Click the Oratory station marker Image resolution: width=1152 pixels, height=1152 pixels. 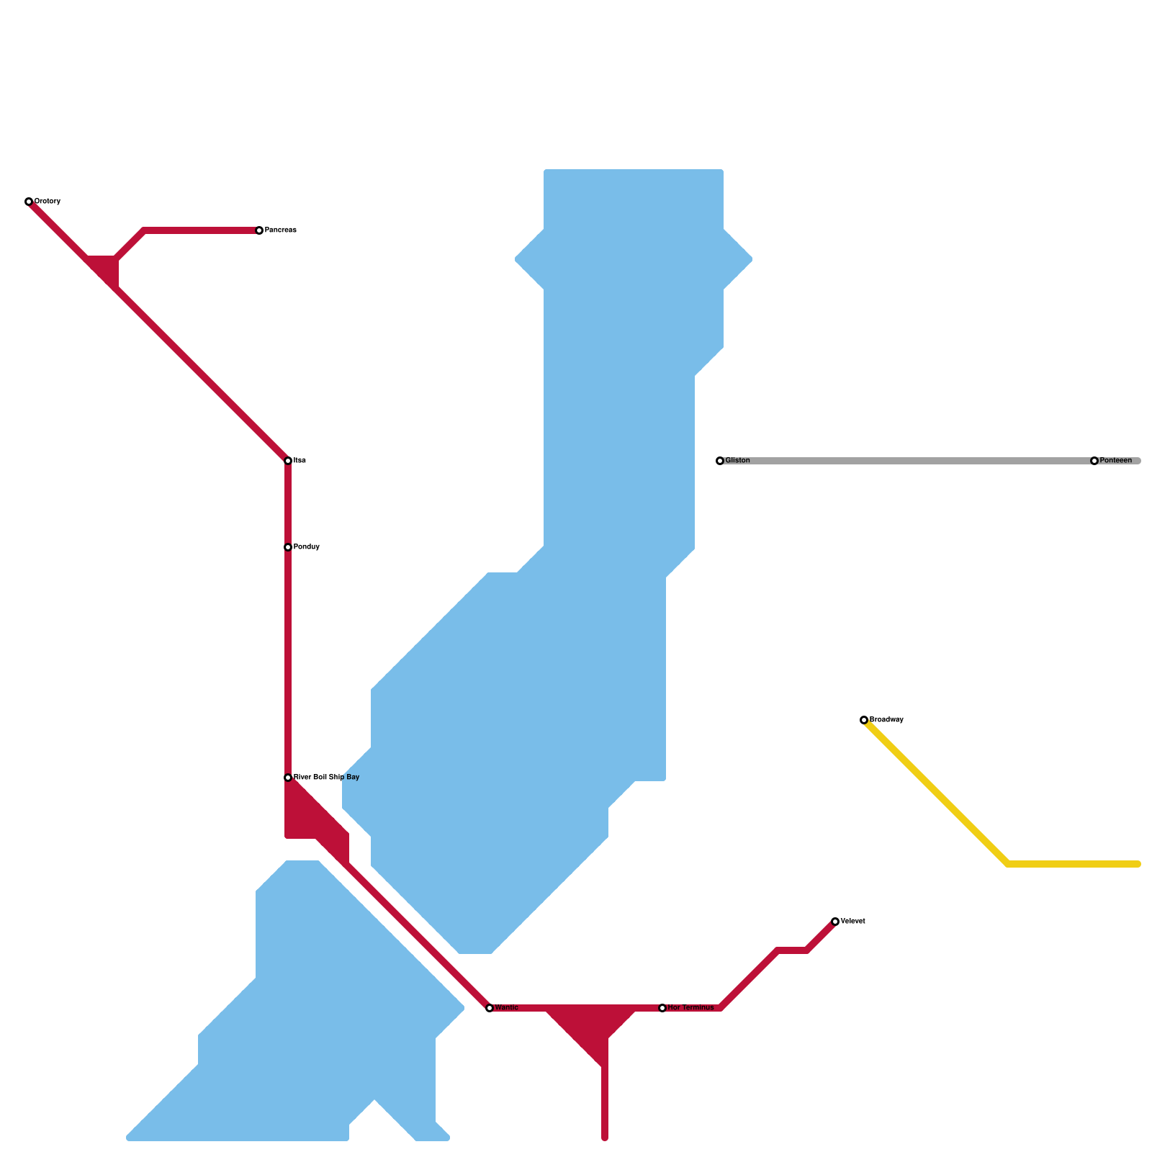click(x=29, y=202)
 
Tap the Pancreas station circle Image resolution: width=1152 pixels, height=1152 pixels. click(x=259, y=230)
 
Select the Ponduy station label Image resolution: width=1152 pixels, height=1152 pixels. click(x=307, y=547)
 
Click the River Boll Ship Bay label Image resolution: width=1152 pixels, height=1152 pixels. click(x=326, y=778)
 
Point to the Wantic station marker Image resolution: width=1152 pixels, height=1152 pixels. click(x=490, y=1008)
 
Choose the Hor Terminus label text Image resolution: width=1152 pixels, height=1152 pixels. click(x=690, y=1008)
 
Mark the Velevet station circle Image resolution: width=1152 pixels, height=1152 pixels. click(x=835, y=922)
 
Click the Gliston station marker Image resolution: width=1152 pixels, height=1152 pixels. click(x=720, y=461)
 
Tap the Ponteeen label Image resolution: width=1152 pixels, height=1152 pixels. click(x=1116, y=461)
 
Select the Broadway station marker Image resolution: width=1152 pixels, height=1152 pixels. click(x=864, y=720)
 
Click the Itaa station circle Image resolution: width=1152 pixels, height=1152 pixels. click(x=288, y=461)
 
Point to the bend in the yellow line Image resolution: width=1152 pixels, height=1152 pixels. click(x=1008, y=864)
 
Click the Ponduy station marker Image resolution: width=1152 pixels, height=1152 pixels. click(x=288, y=547)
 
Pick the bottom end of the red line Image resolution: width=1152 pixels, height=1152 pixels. click(x=605, y=1138)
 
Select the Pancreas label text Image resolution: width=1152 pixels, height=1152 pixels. click(x=281, y=230)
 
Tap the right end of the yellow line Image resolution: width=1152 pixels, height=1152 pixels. click(x=1138, y=864)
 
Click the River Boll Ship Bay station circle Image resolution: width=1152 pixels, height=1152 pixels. click(x=288, y=778)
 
